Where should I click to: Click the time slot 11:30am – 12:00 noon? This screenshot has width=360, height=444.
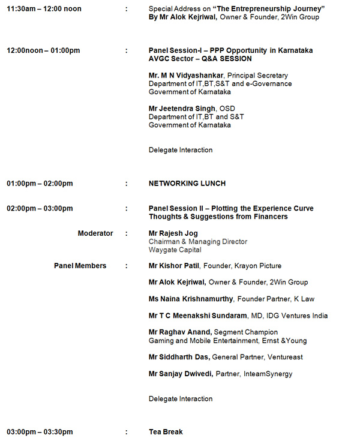click(x=44, y=9)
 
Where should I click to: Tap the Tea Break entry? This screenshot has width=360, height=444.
click(x=166, y=432)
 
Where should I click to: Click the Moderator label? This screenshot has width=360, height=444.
click(x=95, y=233)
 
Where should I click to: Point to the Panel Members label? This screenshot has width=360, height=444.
click(x=80, y=266)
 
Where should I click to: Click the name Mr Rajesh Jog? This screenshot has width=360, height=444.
click(x=173, y=233)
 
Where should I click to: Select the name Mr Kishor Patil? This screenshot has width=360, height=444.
click(x=174, y=266)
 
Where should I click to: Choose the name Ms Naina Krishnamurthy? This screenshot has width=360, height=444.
click(x=191, y=299)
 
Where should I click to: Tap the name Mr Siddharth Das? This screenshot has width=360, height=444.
click(x=179, y=357)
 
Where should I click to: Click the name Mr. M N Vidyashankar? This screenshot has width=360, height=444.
click(x=185, y=76)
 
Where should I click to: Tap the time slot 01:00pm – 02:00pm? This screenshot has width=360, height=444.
click(x=40, y=184)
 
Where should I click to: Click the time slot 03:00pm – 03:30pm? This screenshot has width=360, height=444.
click(x=40, y=432)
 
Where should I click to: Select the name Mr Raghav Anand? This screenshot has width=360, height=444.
click(x=179, y=332)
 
